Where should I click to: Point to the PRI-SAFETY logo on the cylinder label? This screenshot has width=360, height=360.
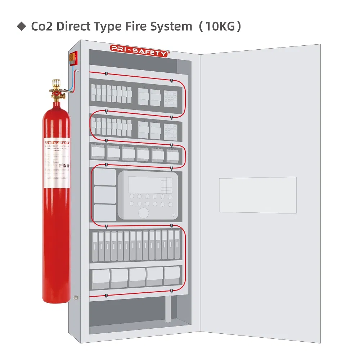57,143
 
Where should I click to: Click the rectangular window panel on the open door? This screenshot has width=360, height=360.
258,194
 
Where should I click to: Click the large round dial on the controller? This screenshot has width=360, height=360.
143,212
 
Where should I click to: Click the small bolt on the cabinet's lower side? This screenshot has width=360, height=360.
75,297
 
